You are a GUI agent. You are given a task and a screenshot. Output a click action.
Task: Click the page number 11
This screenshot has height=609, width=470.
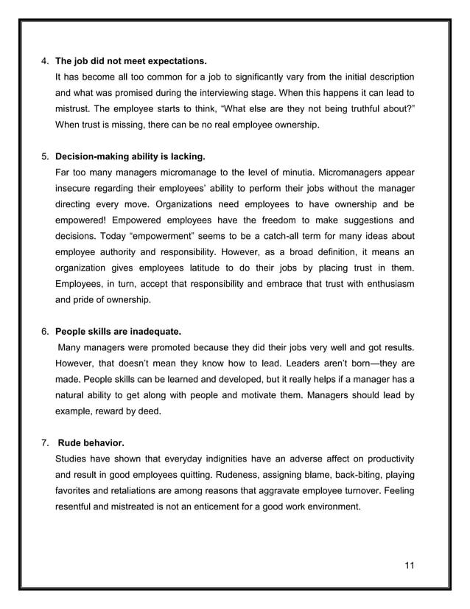tap(410, 565)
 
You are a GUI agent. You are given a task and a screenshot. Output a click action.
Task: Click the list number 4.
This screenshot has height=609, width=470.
tap(44, 60)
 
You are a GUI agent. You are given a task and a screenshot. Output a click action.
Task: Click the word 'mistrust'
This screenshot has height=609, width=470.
tap(74, 108)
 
